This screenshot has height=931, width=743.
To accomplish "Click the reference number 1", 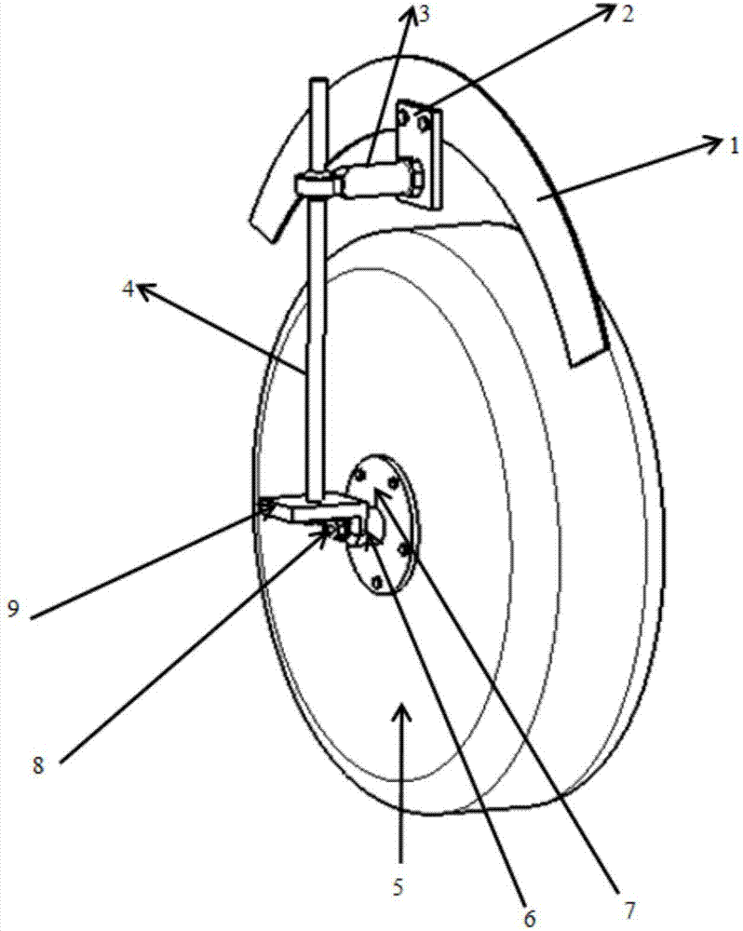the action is pos(735,144).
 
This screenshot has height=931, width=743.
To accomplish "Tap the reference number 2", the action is pos(628,14).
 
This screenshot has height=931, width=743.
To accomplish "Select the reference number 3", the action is pos(424,14).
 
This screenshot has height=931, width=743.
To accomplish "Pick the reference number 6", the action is pos(530,918).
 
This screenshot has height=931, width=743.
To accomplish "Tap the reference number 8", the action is pos(38,765).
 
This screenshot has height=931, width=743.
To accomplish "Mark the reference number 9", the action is pos(14,609).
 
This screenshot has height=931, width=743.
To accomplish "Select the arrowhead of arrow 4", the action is pos(146,290).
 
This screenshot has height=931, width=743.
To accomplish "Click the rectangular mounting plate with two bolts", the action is pos(420,155).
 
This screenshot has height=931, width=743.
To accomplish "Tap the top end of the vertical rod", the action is pos(318,80).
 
